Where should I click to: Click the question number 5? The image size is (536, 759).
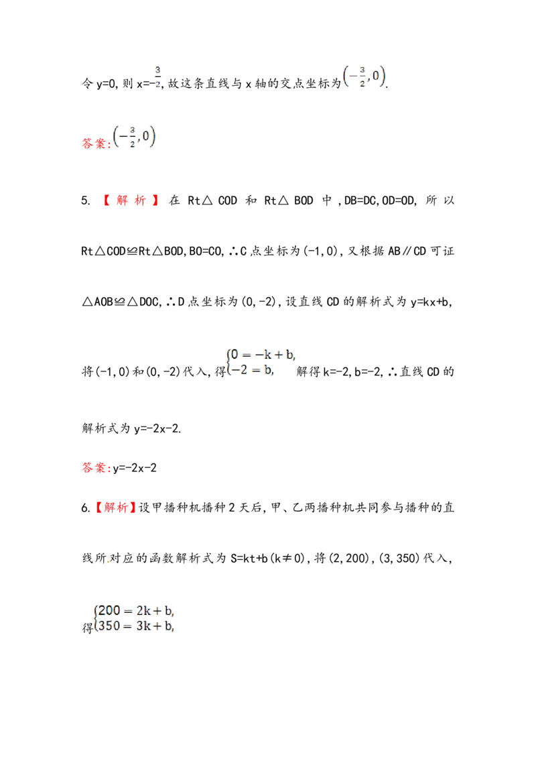click(85, 200)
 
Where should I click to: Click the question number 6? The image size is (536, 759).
click(85, 508)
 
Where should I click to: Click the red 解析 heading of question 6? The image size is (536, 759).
click(116, 508)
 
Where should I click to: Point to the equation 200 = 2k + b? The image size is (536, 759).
click(136, 611)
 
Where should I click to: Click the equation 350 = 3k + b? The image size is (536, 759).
click(136, 626)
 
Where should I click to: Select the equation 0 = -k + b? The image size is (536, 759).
click(263, 355)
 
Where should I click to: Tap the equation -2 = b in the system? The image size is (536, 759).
click(252, 370)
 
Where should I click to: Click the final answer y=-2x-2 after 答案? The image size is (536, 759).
click(135, 468)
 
